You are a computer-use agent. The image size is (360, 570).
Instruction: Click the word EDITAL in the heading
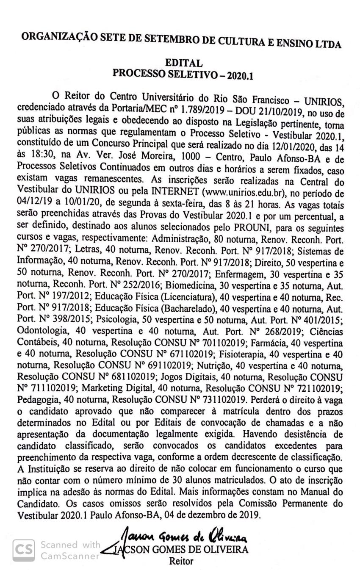click(184, 63)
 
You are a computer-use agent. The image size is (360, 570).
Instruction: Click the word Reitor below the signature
click(181, 561)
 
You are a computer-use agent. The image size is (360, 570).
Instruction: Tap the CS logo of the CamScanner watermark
click(24, 550)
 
